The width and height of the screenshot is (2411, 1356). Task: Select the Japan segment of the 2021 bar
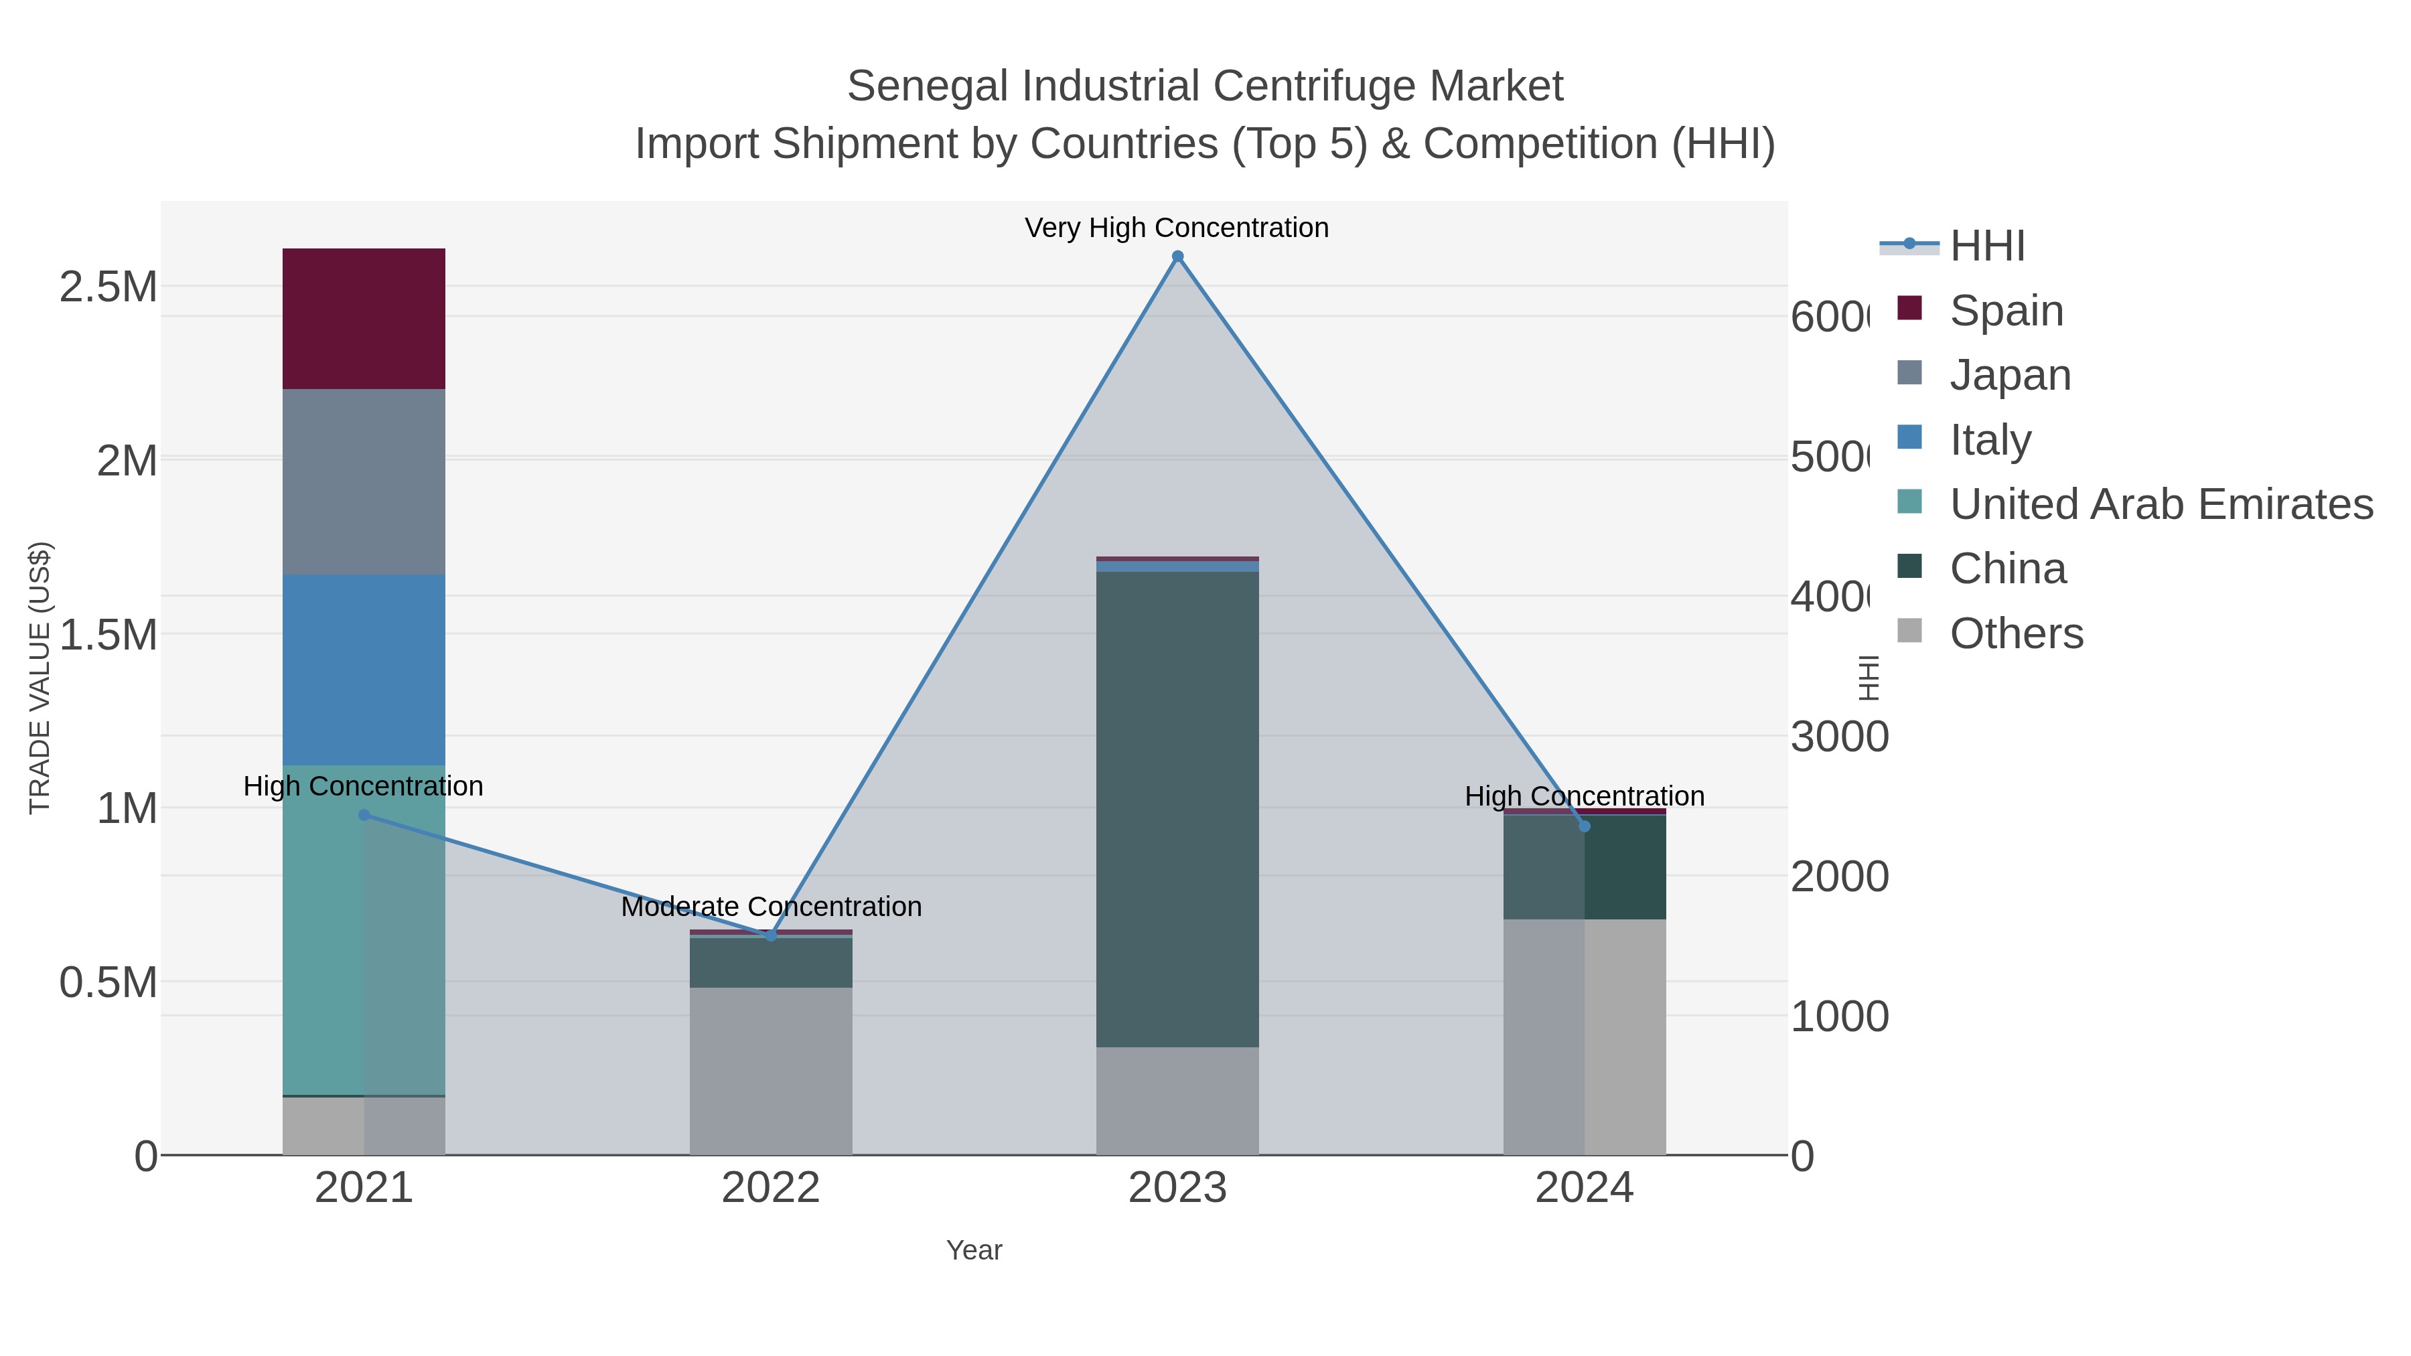tap(363, 482)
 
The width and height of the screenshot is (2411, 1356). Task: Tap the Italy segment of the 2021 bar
tap(363, 670)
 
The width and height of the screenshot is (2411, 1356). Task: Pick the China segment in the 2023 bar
tap(1177, 810)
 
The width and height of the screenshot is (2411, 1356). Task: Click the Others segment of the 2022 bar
tap(770, 1071)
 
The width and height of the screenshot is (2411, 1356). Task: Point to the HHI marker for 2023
tap(1177, 256)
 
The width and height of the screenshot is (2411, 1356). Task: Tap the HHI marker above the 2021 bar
tap(364, 815)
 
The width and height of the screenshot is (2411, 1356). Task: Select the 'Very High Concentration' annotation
tap(1177, 228)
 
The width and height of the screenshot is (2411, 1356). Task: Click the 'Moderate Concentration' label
tap(772, 907)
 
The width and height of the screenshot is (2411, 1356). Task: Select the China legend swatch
tap(1909, 567)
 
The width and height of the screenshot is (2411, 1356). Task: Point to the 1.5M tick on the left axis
tap(108, 635)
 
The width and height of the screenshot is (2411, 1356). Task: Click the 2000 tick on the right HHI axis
tap(1839, 877)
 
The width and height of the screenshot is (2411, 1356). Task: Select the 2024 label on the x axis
tap(1584, 1187)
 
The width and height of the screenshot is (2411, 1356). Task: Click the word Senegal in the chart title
tap(928, 86)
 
